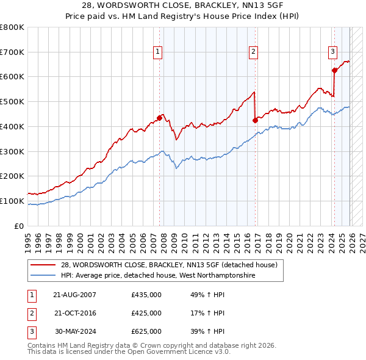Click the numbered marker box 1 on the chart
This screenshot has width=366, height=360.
coord(157,52)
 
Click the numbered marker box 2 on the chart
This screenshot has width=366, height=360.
coord(253,52)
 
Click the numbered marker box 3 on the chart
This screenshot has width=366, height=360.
coord(332,52)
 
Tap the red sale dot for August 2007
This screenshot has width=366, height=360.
coord(159,117)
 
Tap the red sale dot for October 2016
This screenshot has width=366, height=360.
coord(255,120)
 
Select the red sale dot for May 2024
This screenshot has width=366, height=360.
coord(334,70)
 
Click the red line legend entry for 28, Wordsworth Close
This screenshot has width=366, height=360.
coord(169,265)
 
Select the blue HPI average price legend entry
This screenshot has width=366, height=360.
coord(157,275)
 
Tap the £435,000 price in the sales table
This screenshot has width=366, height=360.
coord(146,295)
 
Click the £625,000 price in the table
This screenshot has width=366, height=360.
coord(146,331)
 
